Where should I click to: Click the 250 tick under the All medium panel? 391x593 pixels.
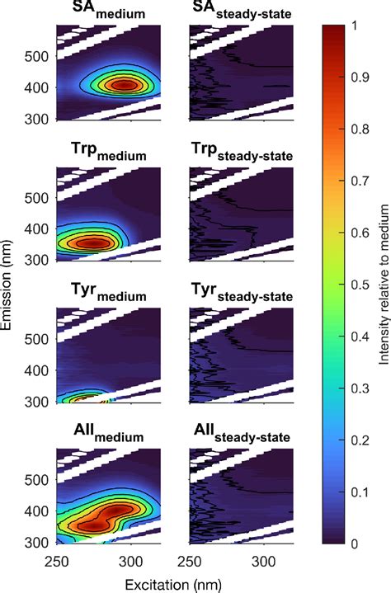pyautogui.click(x=55, y=563)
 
